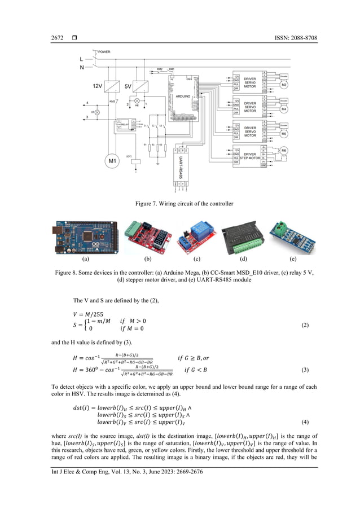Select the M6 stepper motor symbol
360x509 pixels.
[284, 151]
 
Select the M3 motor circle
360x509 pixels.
[284, 85]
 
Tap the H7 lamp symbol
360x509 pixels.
[97, 112]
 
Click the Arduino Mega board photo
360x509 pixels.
[86, 238]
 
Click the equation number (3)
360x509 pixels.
[305, 370]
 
